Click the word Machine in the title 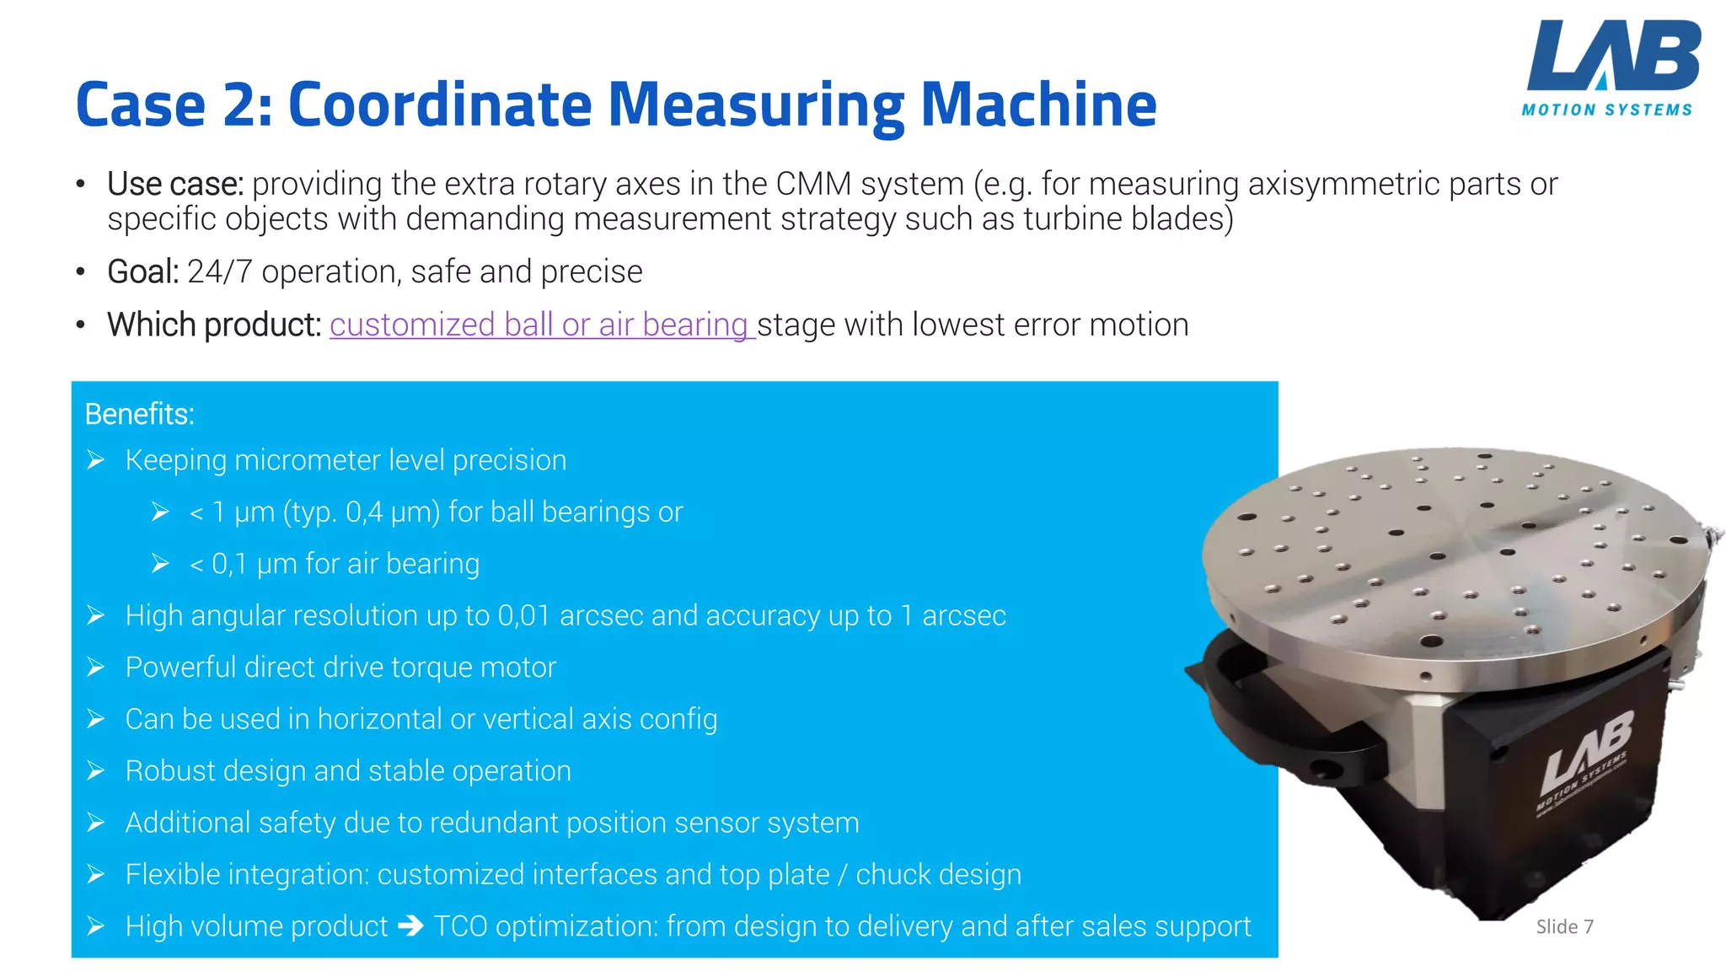pyautogui.click(x=1038, y=105)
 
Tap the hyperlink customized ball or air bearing pyautogui.click(x=539, y=325)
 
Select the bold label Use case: pyautogui.click(x=175, y=184)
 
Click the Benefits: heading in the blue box pyautogui.click(x=140, y=415)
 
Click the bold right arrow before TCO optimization pyautogui.click(x=410, y=926)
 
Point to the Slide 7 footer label pyautogui.click(x=1564, y=927)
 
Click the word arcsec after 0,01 pyautogui.click(x=601, y=616)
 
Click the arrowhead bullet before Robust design pyautogui.click(x=96, y=771)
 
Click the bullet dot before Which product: pyautogui.click(x=81, y=325)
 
